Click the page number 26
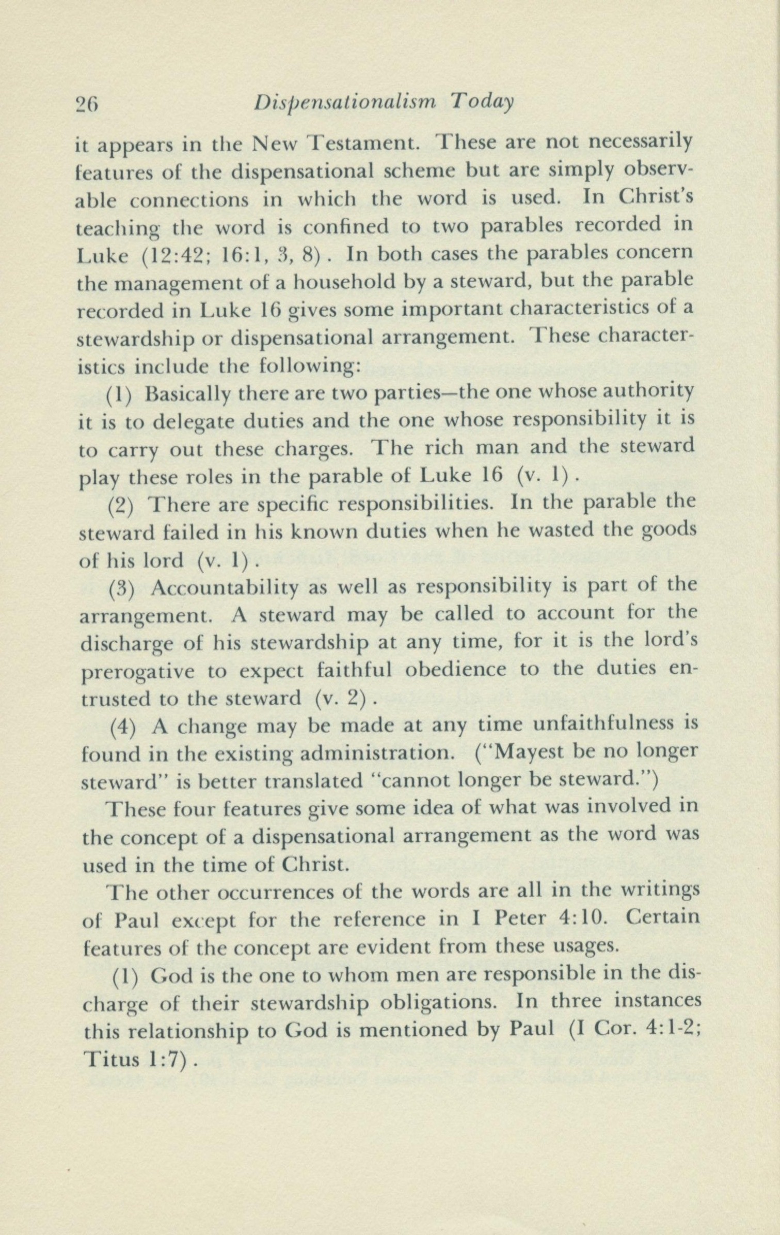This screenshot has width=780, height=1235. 86,104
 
